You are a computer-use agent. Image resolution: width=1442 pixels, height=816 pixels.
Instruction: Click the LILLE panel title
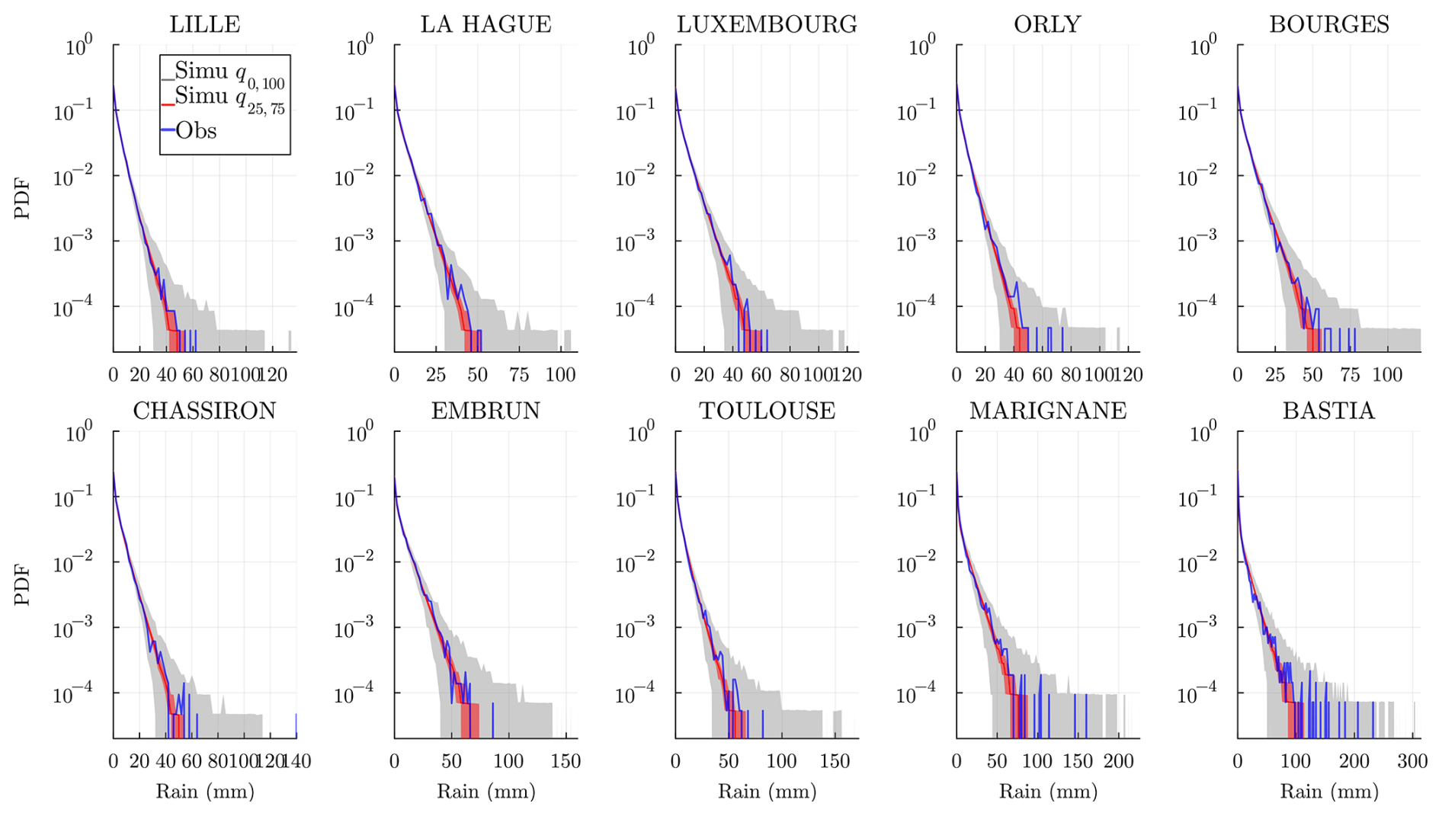(204, 24)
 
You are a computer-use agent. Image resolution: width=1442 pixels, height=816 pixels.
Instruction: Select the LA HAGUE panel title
(485, 24)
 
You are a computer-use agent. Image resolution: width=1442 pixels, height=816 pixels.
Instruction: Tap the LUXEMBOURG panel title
(767, 24)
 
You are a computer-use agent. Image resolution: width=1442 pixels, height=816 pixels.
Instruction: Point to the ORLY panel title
(1047, 24)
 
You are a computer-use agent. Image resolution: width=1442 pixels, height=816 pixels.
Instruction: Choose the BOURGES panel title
(1328, 24)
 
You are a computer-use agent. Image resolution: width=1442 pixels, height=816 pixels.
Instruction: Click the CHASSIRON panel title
(204, 411)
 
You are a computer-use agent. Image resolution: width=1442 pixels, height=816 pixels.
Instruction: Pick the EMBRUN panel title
(485, 411)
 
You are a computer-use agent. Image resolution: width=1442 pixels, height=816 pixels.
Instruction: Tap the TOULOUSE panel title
(767, 411)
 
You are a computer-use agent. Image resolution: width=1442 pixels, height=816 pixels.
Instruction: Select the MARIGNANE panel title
(1047, 411)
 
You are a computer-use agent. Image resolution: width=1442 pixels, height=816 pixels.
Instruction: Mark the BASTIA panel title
(1328, 411)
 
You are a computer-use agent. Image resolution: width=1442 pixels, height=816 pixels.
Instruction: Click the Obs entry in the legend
(195, 131)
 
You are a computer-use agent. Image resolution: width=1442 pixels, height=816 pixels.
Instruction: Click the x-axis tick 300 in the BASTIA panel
(1412, 761)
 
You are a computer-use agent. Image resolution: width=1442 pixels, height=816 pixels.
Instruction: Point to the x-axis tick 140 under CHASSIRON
(296, 761)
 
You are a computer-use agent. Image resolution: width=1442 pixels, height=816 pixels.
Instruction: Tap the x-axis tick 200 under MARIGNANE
(1118, 761)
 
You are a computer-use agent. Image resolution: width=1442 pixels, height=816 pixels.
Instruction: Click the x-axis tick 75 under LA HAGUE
(519, 375)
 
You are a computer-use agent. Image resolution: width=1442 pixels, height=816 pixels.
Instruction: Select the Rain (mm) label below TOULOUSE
(767, 792)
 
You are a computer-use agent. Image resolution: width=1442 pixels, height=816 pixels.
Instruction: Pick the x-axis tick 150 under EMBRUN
(566, 761)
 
